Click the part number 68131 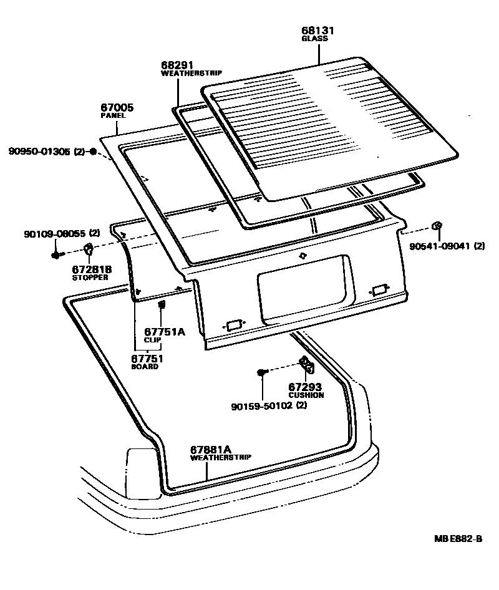[x=315, y=30]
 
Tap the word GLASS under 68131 [x=314, y=39]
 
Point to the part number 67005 [x=117, y=107]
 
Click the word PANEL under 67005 [x=113, y=116]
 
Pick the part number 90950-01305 [x=39, y=152]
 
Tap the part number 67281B [x=92, y=269]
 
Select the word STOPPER [x=91, y=277]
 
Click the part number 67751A [x=165, y=332]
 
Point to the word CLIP [x=153, y=340]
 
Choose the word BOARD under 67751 [x=145, y=367]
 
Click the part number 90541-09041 [x=439, y=246]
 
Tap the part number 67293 [x=304, y=387]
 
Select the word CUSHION [x=306, y=395]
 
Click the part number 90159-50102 [x=261, y=406]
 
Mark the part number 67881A [x=211, y=449]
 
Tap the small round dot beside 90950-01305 [x=93, y=152]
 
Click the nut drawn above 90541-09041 [x=437, y=226]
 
